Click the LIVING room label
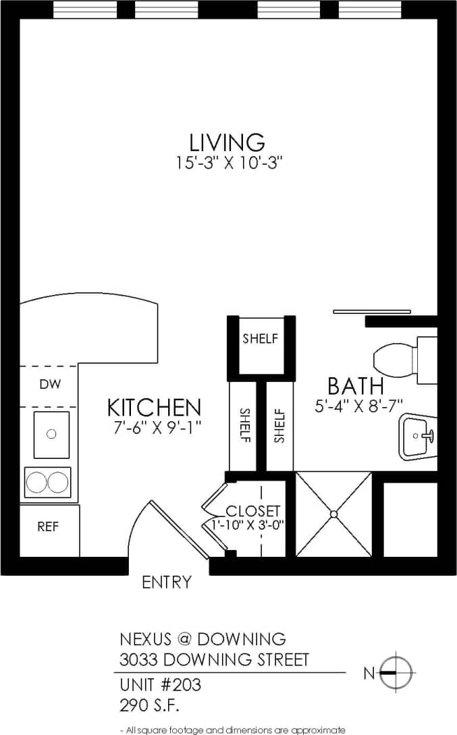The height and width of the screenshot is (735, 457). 227,142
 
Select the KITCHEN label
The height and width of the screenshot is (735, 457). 155,408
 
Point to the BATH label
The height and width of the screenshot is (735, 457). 356,387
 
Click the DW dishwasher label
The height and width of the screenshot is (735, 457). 50,385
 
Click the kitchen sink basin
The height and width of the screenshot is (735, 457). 51,434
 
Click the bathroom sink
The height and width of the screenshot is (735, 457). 416,436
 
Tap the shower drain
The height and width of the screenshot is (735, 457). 333,514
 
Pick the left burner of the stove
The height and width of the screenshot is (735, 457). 37,482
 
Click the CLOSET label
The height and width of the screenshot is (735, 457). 252,512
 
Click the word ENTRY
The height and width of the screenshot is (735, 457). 167,582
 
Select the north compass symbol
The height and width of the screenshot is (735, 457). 396,672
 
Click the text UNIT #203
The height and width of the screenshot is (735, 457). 160,685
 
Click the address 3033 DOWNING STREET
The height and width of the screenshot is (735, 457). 214,659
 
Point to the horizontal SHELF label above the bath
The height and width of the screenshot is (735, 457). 260,339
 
